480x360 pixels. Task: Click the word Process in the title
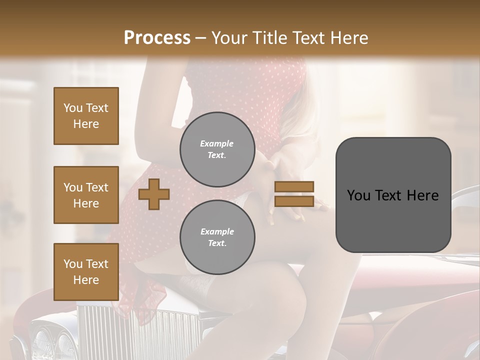[x=157, y=38]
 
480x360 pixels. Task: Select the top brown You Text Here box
[x=86, y=116]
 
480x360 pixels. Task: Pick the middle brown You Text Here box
[x=86, y=195]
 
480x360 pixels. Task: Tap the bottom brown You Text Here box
[x=86, y=272]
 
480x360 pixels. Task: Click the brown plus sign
[x=153, y=194]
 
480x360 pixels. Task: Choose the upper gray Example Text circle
[x=217, y=149]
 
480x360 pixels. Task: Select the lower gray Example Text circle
[x=217, y=237]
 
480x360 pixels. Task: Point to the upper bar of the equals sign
[x=294, y=187]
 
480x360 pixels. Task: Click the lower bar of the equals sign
[x=294, y=201]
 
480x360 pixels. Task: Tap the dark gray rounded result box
[x=393, y=195]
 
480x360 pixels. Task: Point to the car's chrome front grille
[x=130, y=330]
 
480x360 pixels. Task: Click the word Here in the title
[x=347, y=38]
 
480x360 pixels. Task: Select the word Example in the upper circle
[x=217, y=143]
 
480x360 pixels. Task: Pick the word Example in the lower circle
[x=217, y=231]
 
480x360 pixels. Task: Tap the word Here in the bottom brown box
[x=86, y=280]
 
